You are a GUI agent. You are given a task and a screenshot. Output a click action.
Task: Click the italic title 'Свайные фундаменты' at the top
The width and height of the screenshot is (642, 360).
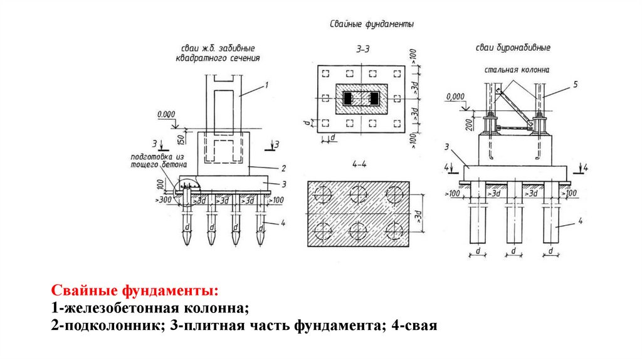[372, 24]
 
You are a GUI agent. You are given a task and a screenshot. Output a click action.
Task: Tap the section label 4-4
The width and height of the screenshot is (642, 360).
[359, 165]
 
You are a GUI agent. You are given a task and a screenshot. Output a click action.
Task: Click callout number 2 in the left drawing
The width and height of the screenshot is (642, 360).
[283, 168]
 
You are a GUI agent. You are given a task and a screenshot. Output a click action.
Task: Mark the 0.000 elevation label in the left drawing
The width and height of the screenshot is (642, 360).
[166, 115]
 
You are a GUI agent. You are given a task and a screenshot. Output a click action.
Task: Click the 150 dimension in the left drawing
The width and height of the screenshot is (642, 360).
[180, 137]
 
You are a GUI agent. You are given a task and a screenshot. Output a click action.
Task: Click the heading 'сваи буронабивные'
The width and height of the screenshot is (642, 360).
[512, 47]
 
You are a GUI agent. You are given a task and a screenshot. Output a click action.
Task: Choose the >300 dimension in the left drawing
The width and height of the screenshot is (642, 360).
[164, 201]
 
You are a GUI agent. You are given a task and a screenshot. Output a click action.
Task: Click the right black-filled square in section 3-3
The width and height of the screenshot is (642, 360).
[375, 98]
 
